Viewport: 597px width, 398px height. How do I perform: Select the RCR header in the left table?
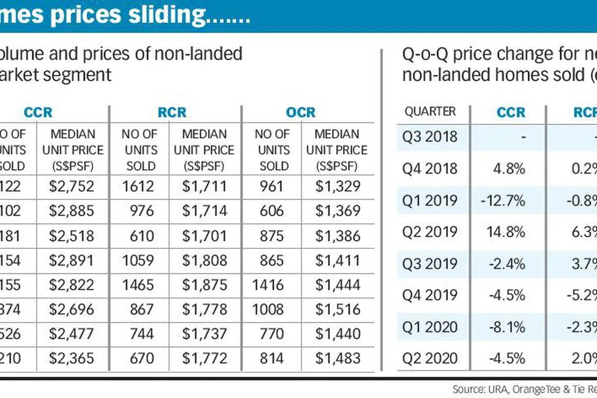tap(172, 113)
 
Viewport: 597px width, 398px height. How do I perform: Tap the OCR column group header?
tap(301, 113)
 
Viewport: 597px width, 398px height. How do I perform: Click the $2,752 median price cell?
tap(72, 186)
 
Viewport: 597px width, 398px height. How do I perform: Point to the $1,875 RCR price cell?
tap(205, 285)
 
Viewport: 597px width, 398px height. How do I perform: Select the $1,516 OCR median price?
tap(338, 309)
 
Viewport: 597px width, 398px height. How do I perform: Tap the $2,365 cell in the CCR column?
tap(72, 358)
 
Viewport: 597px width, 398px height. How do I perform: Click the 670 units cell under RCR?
tap(141, 358)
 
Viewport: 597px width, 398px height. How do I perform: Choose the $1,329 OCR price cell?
tap(338, 186)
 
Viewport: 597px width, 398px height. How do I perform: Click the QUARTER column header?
tap(430, 112)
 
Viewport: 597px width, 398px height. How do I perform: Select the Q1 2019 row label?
tap(430, 200)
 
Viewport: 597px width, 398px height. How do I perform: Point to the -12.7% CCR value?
tap(506, 200)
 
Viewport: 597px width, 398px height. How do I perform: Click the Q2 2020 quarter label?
tap(430, 358)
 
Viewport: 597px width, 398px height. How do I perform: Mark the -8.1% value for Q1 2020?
tap(508, 327)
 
